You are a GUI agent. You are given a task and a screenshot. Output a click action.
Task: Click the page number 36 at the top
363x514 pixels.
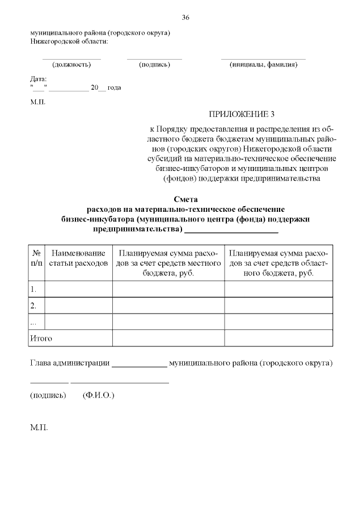click(x=185, y=18)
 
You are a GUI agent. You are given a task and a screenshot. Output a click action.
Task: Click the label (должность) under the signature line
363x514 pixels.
click(x=71, y=64)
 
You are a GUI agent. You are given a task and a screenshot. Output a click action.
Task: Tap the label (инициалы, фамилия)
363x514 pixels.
click(x=263, y=64)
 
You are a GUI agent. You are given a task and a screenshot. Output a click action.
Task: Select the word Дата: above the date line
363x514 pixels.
click(x=39, y=80)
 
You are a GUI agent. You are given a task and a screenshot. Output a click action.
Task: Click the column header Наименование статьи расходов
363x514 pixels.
click(x=78, y=258)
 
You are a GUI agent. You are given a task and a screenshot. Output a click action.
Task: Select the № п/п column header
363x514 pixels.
click(x=36, y=258)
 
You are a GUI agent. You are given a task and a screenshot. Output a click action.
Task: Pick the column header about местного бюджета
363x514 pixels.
click(x=168, y=262)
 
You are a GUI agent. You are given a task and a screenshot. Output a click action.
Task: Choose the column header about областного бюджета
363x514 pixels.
click(x=278, y=262)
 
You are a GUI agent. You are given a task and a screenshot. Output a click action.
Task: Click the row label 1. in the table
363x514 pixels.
click(x=33, y=289)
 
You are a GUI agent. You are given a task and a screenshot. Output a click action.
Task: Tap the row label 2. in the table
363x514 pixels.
click(x=33, y=306)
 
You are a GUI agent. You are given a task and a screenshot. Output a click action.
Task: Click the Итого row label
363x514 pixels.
click(x=41, y=339)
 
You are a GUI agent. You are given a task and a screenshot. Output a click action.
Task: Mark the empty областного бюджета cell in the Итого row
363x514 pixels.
click(x=278, y=339)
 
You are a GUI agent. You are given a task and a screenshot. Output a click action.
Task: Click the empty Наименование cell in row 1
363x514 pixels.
click(x=78, y=289)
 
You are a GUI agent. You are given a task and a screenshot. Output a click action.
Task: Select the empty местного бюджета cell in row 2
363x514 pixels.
click(x=168, y=306)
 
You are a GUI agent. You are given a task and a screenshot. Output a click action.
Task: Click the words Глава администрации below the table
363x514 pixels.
click(x=69, y=362)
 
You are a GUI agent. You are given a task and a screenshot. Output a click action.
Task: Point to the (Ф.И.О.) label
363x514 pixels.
click(x=98, y=394)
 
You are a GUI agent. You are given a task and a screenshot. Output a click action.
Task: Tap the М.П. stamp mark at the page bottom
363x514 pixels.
click(x=39, y=427)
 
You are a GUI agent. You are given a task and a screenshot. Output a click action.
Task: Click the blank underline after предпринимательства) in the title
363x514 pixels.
click(x=231, y=230)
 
